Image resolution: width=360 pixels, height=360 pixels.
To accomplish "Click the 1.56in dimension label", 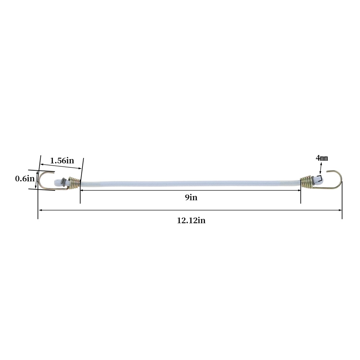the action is (62, 161).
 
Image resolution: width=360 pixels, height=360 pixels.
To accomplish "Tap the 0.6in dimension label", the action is (24, 179).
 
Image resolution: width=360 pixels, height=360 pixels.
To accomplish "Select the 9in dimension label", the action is (191, 197).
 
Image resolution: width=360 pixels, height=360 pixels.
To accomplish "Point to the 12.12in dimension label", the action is (191, 221).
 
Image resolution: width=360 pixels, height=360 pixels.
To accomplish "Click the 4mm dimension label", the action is (322, 158).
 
